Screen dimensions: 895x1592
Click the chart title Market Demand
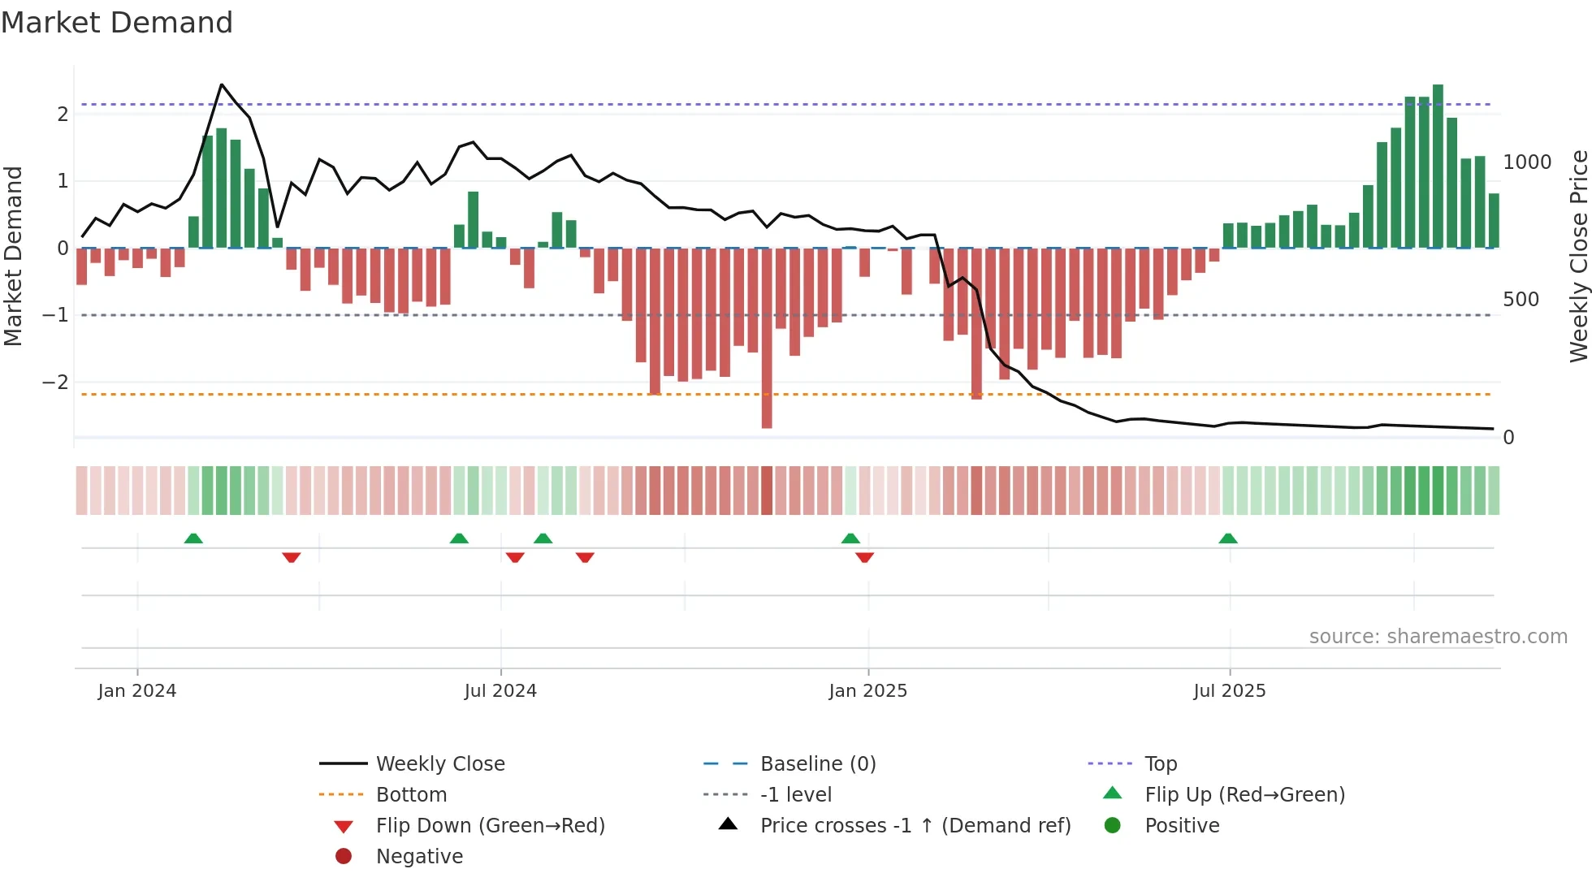[117, 23]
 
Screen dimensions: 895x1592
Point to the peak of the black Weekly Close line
[222, 84]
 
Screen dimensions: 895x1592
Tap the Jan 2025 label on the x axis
[867, 690]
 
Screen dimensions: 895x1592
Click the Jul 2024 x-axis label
[500, 690]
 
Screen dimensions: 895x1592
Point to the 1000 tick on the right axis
[1527, 162]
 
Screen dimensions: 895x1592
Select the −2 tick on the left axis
[55, 382]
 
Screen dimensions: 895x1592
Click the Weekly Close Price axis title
[1578, 256]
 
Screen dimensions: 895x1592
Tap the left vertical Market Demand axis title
[13, 256]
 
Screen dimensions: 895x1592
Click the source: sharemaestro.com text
[1438, 636]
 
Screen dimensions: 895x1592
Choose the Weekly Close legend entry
[439, 763]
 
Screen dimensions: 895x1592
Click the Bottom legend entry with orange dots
[411, 794]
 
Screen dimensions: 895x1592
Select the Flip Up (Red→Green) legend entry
[1244, 794]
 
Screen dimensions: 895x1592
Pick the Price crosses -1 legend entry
[915, 825]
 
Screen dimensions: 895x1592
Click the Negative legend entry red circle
[344, 856]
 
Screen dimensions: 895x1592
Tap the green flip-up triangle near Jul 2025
[1228, 538]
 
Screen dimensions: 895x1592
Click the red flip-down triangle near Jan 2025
[864, 557]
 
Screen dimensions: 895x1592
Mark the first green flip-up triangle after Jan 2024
[193, 538]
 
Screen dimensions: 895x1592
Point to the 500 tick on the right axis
[1521, 300]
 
